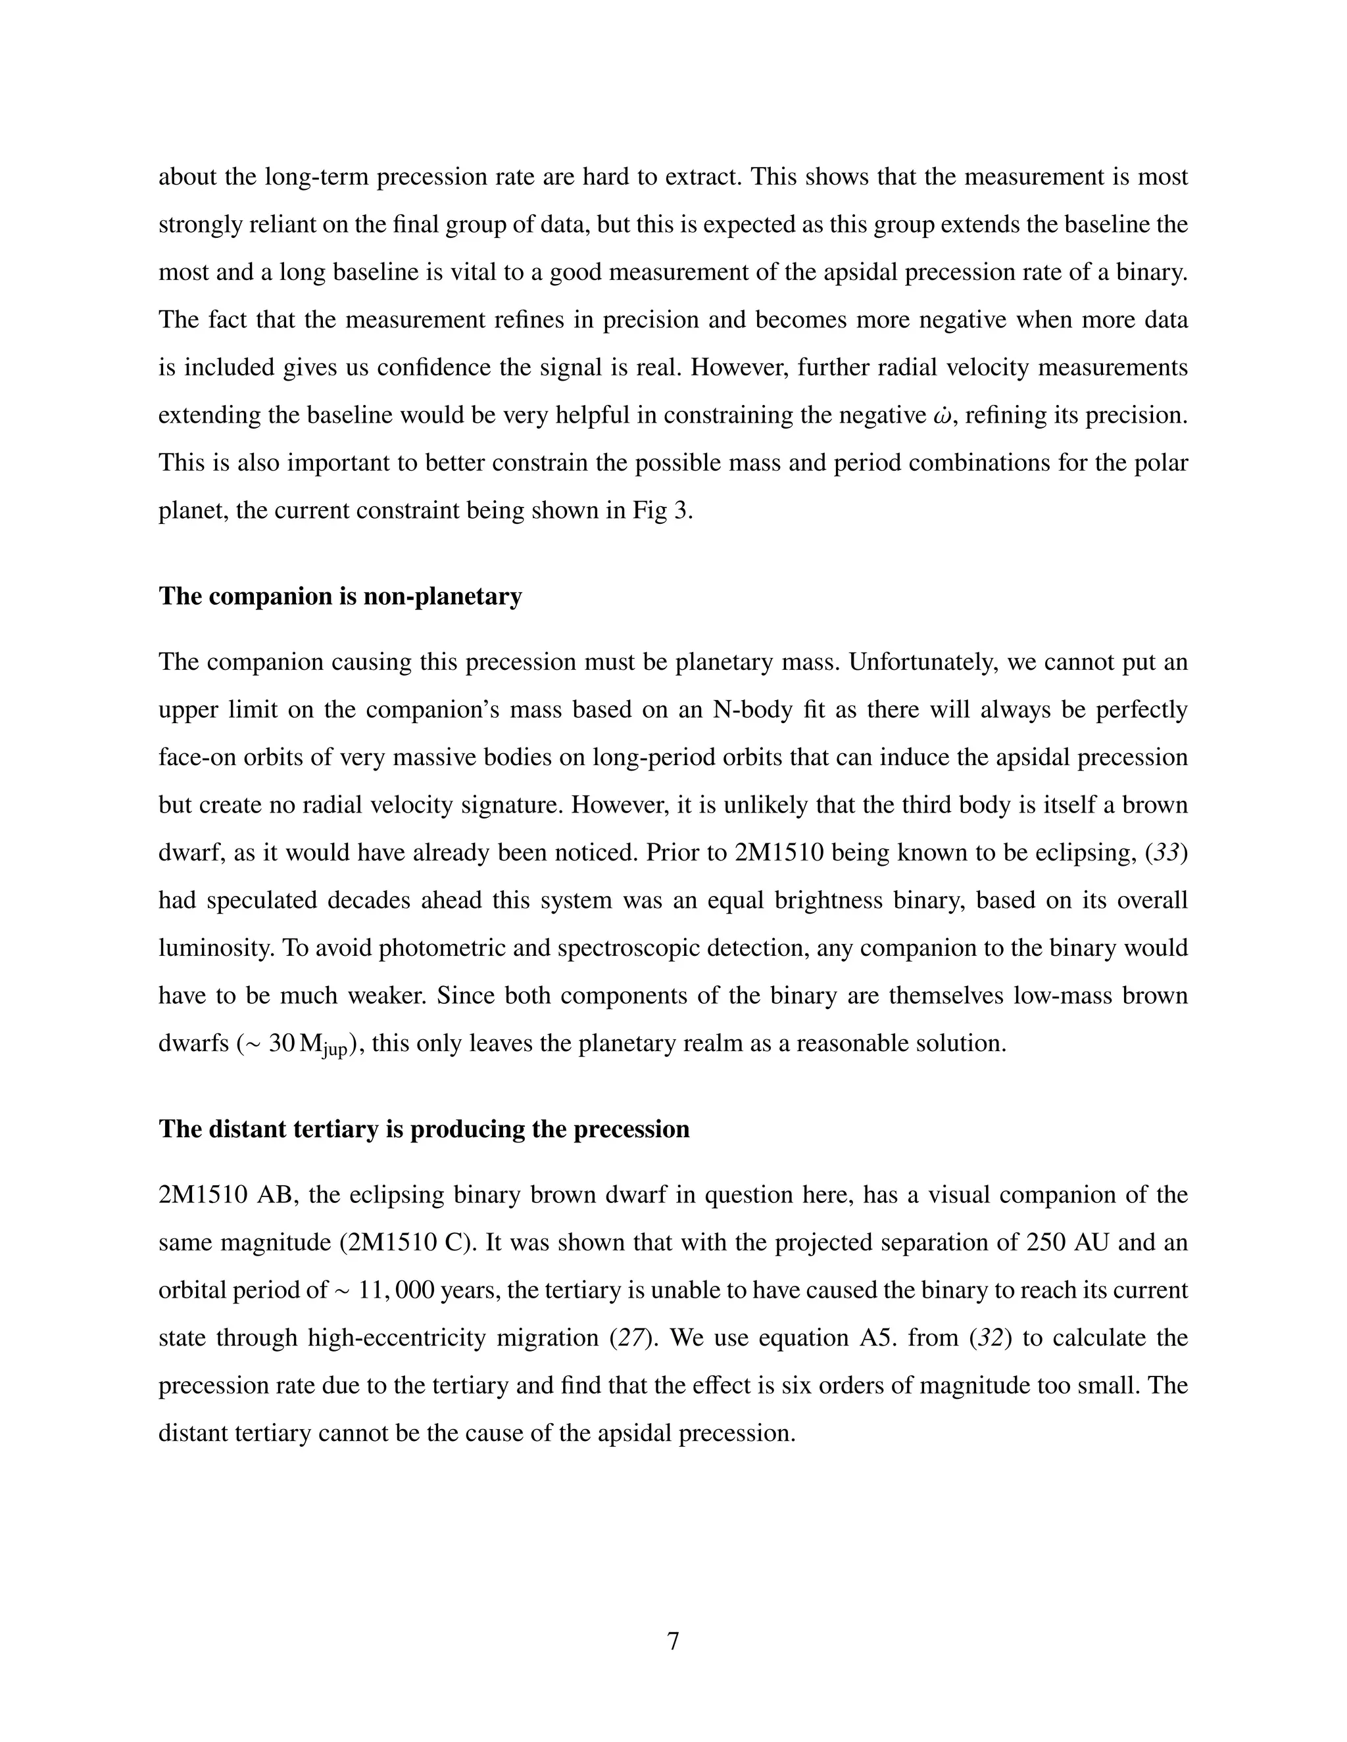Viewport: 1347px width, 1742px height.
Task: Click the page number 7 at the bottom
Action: click(673, 1641)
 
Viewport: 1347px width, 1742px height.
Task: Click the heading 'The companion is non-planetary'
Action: click(340, 596)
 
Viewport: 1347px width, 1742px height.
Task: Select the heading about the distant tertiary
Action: click(424, 1129)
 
